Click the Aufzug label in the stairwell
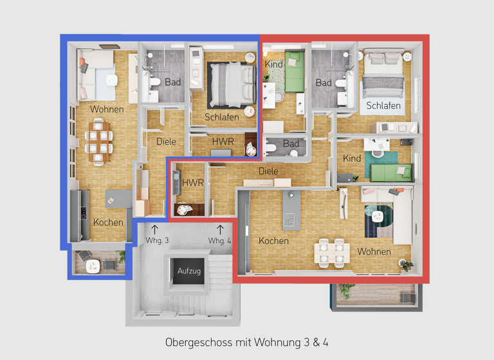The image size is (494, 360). pyautogui.click(x=189, y=271)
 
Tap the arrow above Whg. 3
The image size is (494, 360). pyautogui.click(x=154, y=228)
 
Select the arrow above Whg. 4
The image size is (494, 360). pyautogui.click(x=220, y=228)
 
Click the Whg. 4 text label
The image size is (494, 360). pyautogui.click(x=219, y=240)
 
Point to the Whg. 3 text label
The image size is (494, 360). pyautogui.click(x=158, y=240)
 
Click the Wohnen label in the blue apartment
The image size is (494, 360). pyautogui.click(x=107, y=109)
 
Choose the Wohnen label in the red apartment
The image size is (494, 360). pyautogui.click(x=374, y=251)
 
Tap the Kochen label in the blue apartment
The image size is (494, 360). pyautogui.click(x=108, y=222)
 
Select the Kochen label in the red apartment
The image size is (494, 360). pyautogui.click(x=273, y=240)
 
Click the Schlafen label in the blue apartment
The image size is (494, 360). pyautogui.click(x=222, y=117)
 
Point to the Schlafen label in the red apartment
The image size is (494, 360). pyautogui.click(x=383, y=105)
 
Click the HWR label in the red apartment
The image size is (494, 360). pyautogui.click(x=192, y=183)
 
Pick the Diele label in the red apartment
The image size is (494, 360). pyautogui.click(x=268, y=171)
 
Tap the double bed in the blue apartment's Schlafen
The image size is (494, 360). pyautogui.click(x=231, y=85)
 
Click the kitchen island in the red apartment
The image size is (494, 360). pyautogui.click(x=291, y=210)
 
